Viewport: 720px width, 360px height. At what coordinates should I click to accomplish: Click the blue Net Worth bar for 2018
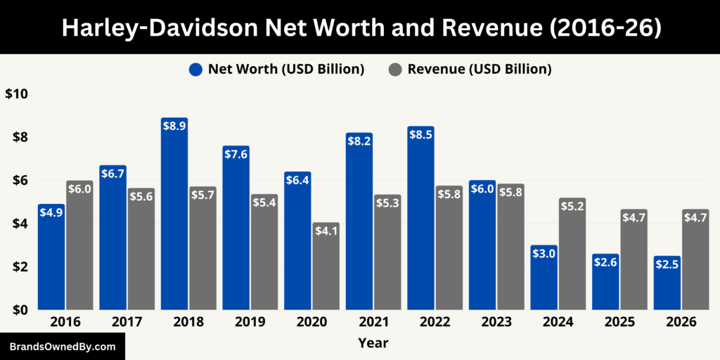tap(174, 218)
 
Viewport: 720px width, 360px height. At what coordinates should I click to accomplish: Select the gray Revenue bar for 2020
tap(326, 271)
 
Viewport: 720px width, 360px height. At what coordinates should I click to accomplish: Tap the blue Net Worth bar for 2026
tap(667, 288)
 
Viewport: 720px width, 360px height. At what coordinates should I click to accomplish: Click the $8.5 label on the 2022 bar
tap(420, 134)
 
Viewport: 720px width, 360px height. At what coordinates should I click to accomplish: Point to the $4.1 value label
tap(326, 230)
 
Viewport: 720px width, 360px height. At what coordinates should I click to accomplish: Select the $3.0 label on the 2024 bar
tap(544, 252)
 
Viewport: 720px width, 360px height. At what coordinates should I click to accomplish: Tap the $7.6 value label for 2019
tap(236, 153)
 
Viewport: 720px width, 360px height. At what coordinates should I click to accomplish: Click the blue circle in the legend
tap(195, 69)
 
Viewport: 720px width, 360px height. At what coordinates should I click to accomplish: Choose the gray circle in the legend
tap(395, 69)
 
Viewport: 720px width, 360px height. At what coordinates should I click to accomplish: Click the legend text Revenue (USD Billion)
tap(479, 69)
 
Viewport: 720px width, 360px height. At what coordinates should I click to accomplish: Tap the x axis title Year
tap(373, 343)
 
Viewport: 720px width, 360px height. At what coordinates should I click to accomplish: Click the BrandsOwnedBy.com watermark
tap(63, 347)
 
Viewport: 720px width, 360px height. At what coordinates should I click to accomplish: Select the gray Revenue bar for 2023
tap(510, 250)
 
